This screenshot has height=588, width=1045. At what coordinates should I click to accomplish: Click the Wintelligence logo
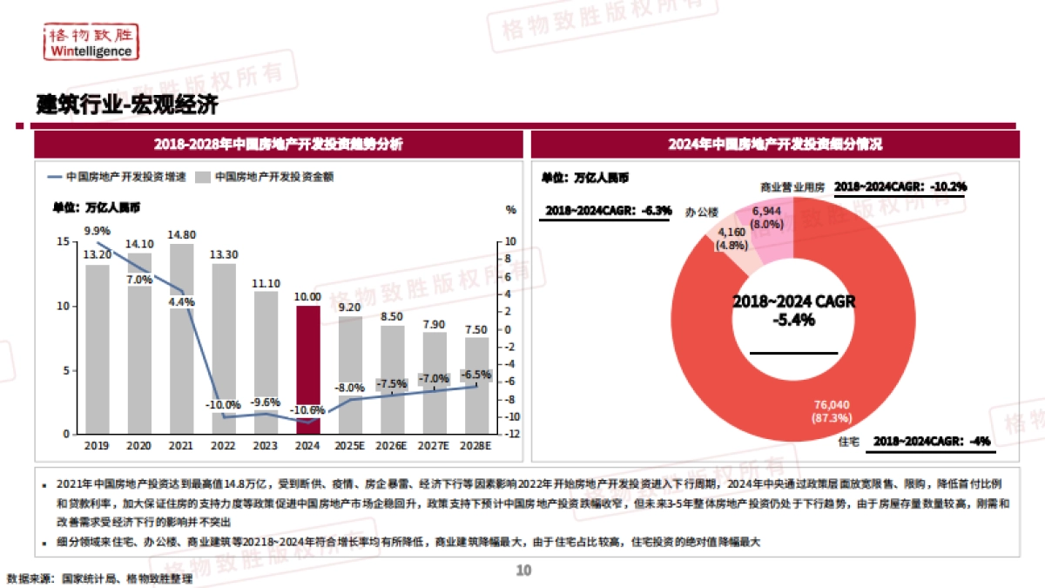(91, 41)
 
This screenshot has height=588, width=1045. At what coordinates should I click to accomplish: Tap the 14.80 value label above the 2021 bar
(181, 234)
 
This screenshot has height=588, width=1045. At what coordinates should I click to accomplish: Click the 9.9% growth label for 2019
(97, 230)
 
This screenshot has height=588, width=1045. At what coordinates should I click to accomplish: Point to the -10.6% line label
(308, 409)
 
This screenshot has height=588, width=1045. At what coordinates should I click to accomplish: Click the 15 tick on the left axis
(62, 241)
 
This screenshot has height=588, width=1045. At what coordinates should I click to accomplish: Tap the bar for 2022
(224, 348)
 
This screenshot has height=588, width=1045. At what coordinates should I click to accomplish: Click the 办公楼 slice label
(701, 212)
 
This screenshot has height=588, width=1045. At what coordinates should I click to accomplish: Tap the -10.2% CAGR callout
(900, 186)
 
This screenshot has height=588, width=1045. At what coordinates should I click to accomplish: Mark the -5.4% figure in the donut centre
(793, 320)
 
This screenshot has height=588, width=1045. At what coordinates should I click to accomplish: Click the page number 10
(523, 571)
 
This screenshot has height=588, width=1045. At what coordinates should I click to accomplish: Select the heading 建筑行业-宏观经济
(127, 105)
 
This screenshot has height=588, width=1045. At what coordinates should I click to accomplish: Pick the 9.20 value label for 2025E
(350, 308)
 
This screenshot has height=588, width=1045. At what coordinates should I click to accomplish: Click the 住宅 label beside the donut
(848, 442)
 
